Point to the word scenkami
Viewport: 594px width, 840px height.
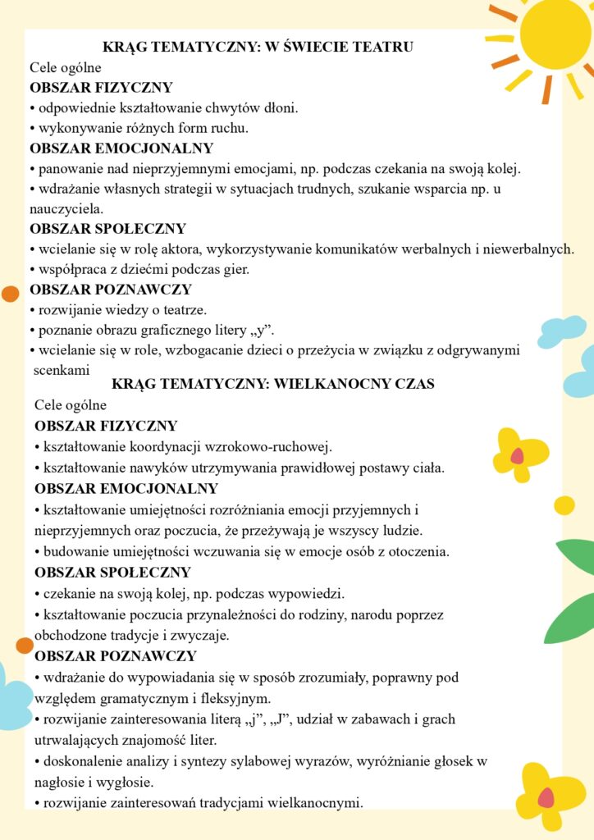(x=62, y=370)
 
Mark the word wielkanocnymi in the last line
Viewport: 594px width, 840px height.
(x=316, y=802)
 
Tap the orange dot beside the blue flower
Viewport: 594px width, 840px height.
(x=25, y=646)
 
